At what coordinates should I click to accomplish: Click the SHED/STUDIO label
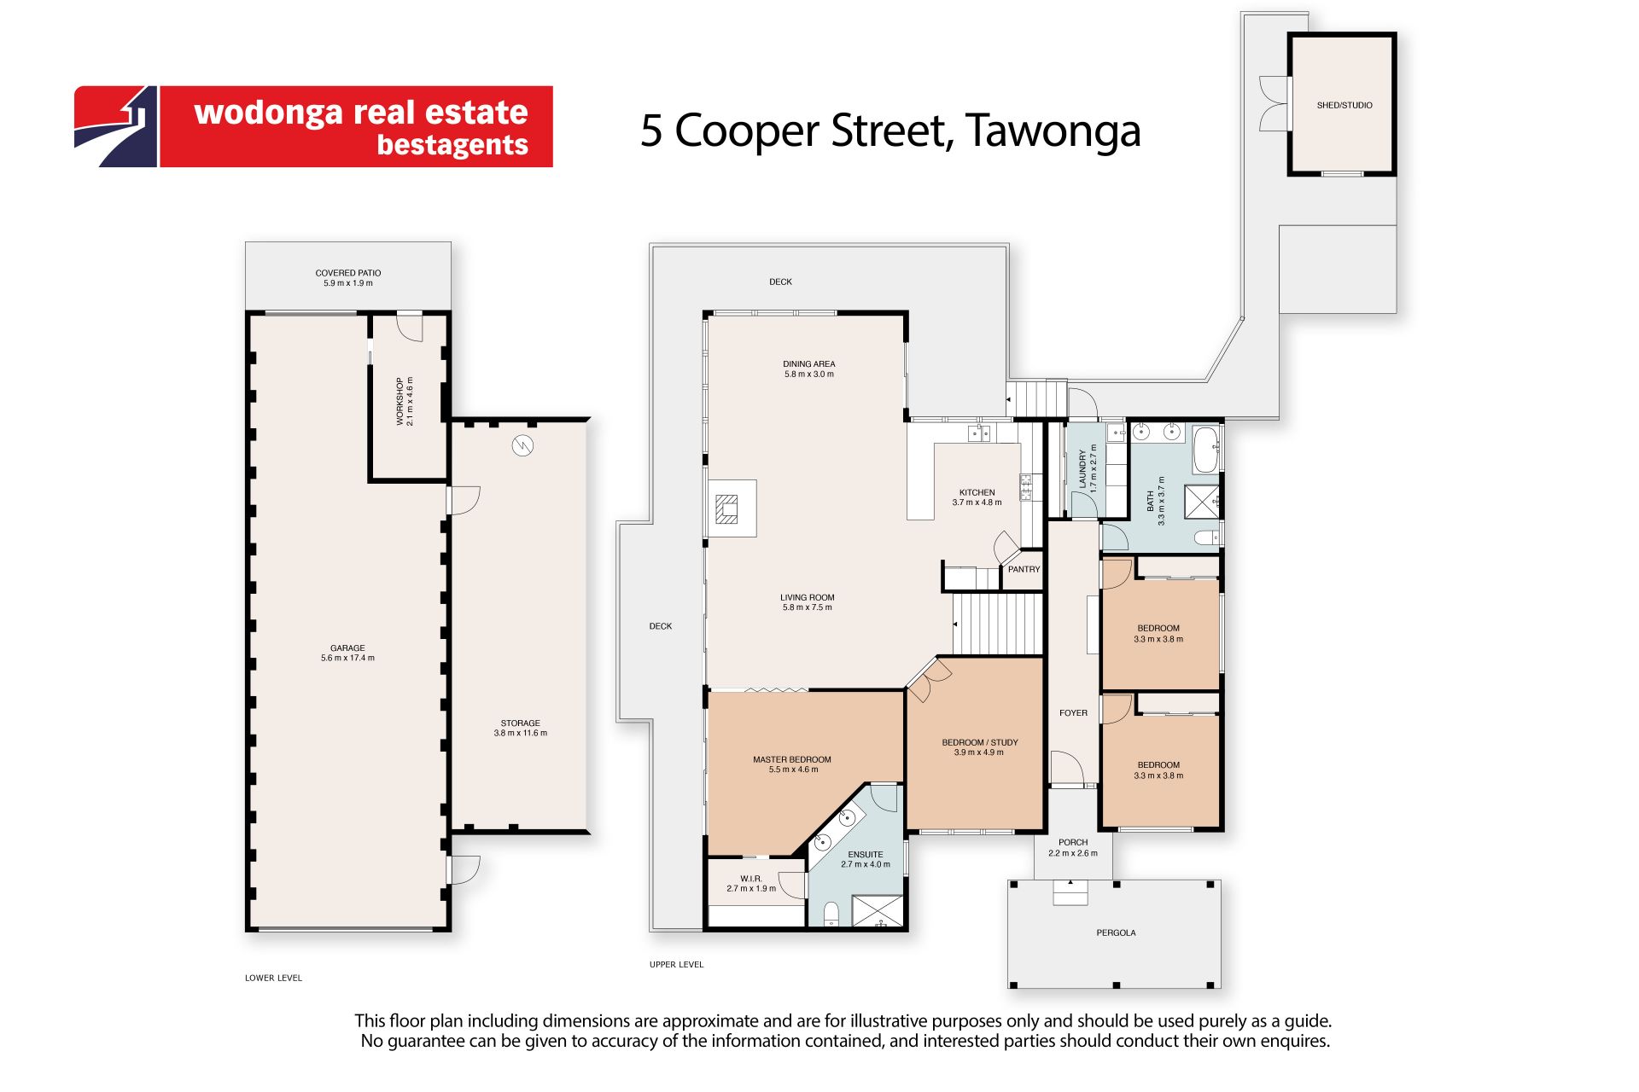pyautogui.click(x=1344, y=105)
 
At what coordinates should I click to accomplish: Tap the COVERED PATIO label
pyautogui.click(x=348, y=273)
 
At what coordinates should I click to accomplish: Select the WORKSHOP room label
pyautogui.click(x=400, y=402)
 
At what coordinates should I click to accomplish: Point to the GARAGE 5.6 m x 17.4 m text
pyautogui.click(x=347, y=653)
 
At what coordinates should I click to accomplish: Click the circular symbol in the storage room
pyautogui.click(x=522, y=445)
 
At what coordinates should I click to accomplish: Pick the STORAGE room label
pyautogui.click(x=521, y=723)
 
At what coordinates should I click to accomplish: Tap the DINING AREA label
pyautogui.click(x=809, y=363)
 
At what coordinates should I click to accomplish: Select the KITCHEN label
pyautogui.click(x=977, y=492)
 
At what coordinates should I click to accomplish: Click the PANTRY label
pyautogui.click(x=1024, y=569)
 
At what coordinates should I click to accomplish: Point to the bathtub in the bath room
pyautogui.click(x=1204, y=450)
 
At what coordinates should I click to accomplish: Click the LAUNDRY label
pyautogui.click(x=1082, y=468)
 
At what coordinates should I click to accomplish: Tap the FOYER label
pyautogui.click(x=1074, y=712)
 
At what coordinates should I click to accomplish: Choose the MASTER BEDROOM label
pyautogui.click(x=792, y=759)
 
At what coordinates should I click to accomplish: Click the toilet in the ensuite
pyautogui.click(x=831, y=915)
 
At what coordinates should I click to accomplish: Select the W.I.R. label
pyautogui.click(x=751, y=879)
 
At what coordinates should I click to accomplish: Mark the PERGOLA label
pyautogui.click(x=1116, y=932)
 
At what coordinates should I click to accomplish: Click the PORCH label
pyautogui.click(x=1073, y=842)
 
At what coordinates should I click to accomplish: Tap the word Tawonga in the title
pyautogui.click(x=1053, y=131)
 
